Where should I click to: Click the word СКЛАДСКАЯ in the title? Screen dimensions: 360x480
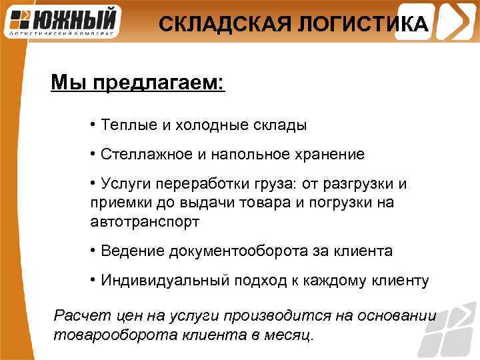[x=211, y=25]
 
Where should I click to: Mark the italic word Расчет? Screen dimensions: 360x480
[x=76, y=315]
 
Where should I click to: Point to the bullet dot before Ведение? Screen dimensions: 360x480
[x=93, y=251]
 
